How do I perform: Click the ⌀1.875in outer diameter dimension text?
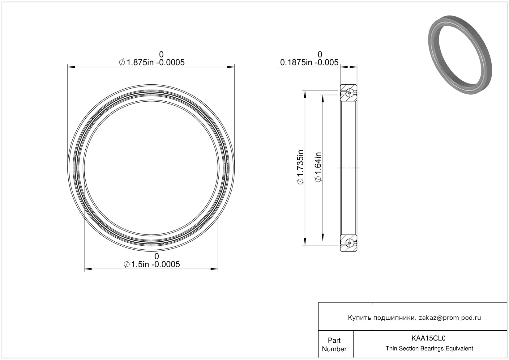tap(152, 62)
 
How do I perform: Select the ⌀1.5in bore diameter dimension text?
tap(152, 264)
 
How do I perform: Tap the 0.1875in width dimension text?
tap(309, 62)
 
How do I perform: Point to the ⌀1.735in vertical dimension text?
tap(300, 167)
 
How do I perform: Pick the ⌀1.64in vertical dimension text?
tap(318, 167)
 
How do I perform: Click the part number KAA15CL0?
tap(428, 338)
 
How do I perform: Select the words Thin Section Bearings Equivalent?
tap(429, 349)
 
